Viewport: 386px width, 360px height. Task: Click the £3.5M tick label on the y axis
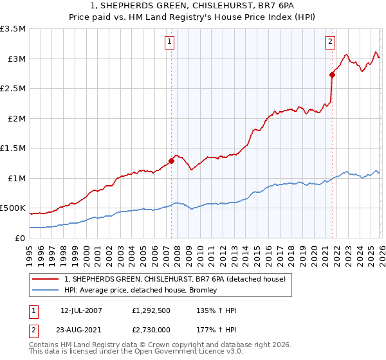(13, 29)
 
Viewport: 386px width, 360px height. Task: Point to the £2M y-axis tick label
(15, 118)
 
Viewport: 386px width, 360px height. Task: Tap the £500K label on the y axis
(13, 208)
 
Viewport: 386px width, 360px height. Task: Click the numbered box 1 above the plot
(169, 42)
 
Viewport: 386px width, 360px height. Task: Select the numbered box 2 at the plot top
(330, 42)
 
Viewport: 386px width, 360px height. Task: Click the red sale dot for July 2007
(171, 161)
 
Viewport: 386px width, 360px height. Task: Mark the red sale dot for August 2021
(333, 75)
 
